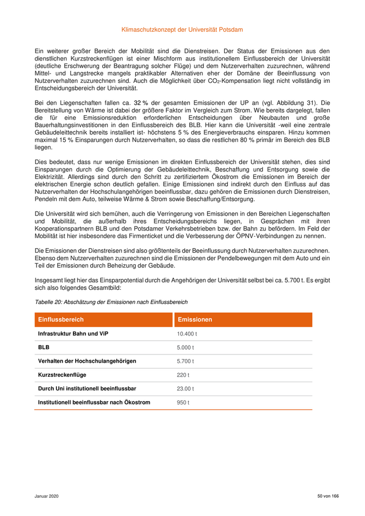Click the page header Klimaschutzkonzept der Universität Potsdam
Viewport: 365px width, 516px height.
click(182, 30)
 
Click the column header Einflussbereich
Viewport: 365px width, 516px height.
click(60, 320)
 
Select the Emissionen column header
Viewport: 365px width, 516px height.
click(195, 320)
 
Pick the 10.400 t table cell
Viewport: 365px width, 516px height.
click(187, 334)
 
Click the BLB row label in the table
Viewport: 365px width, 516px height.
click(44, 347)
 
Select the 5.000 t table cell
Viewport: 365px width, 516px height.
click(186, 347)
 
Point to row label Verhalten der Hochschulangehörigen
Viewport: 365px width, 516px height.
click(87, 361)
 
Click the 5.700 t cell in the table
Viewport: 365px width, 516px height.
click(186, 361)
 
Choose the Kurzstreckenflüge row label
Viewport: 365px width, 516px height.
click(62, 375)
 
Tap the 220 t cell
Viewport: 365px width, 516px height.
click(183, 375)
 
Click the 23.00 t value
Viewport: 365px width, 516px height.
click(186, 389)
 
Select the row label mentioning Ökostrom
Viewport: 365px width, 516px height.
click(94, 402)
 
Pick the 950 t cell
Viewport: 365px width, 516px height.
click(183, 402)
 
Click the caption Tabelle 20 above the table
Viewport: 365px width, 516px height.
click(111, 302)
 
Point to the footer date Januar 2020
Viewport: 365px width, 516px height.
click(47, 496)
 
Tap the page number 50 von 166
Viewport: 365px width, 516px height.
click(328, 496)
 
